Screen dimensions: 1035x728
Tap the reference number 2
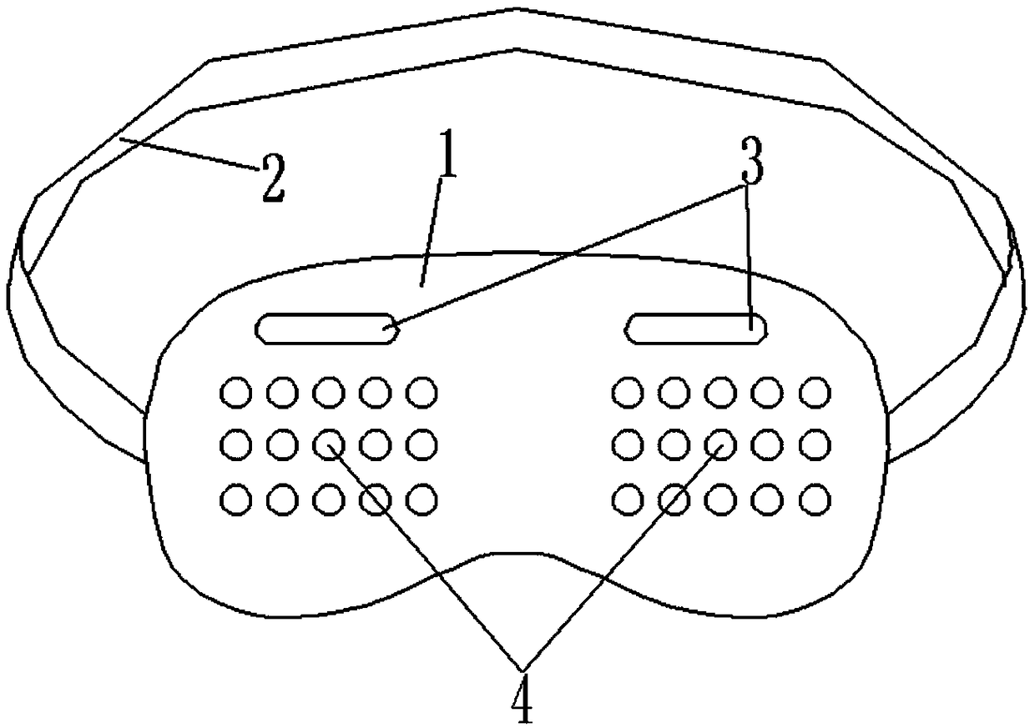click(x=272, y=178)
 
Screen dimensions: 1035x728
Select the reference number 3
click(x=751, y=163)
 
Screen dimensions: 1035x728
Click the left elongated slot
click(x=326, y=328)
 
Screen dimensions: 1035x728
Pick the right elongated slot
click(x=696, y=328)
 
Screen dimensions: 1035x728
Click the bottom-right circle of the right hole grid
click(x=815, y=500)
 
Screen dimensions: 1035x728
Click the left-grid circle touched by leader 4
click(x=328, y=445)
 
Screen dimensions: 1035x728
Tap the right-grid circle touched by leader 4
click(x=721, y=445)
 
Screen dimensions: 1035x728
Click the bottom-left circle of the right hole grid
click(x=627, y=500)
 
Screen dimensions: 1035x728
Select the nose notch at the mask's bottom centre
click(x=517, y=554)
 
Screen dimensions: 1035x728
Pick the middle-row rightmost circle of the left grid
click(x=422, y=445)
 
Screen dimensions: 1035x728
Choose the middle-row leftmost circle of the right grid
click(x=627, y=445)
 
